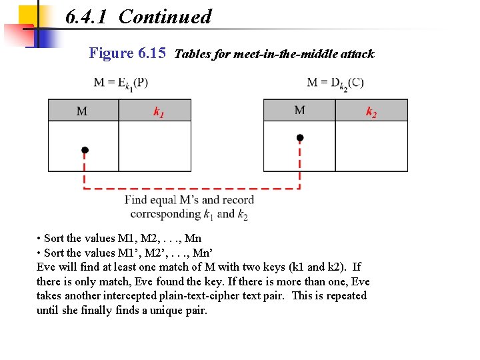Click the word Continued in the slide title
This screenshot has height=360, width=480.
(x=165, y=17)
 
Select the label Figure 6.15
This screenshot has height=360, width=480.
(x=127, y=53)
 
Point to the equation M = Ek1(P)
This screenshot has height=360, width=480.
(x=121, y=83)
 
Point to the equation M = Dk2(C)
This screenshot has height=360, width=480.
(x=335, y=83)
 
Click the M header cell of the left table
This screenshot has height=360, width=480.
(x=83, y=111)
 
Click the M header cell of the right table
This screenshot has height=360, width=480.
(x=299, y=110)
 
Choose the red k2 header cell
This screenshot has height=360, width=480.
(x=371, y=111)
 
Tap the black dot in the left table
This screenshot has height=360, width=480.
(x=85, y=150)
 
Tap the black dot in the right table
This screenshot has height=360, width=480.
(x=300, y=138)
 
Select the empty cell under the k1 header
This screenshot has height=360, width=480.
(x=155, y=146)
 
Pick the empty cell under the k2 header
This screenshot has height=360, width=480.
(x=371, y=146)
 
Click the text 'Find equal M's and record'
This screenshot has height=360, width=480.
(x=189, y=200)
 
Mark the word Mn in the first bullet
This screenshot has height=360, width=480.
(x=193, y=238)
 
